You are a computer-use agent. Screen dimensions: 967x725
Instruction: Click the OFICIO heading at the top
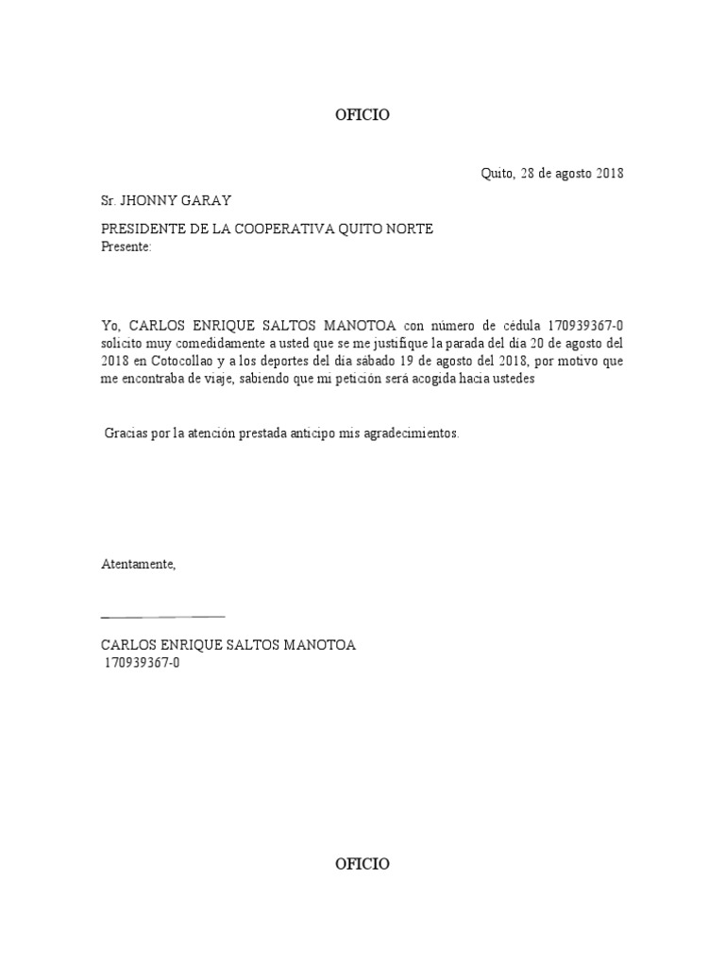coord(362,115)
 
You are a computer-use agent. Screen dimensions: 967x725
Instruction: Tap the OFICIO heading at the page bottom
coord(362,864)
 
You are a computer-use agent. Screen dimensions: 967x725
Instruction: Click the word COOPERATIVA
coord(294,229)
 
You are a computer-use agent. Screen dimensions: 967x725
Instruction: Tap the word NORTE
coord(410,229)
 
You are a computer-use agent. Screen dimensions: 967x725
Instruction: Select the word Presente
coord(125,246)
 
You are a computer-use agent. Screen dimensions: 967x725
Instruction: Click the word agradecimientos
coord(413,433)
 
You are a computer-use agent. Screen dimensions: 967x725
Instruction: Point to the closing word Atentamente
coord(139,564)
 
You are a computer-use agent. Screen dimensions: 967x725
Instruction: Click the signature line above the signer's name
coord(162,616)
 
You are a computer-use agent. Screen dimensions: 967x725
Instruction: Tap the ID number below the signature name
coord(143,663)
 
